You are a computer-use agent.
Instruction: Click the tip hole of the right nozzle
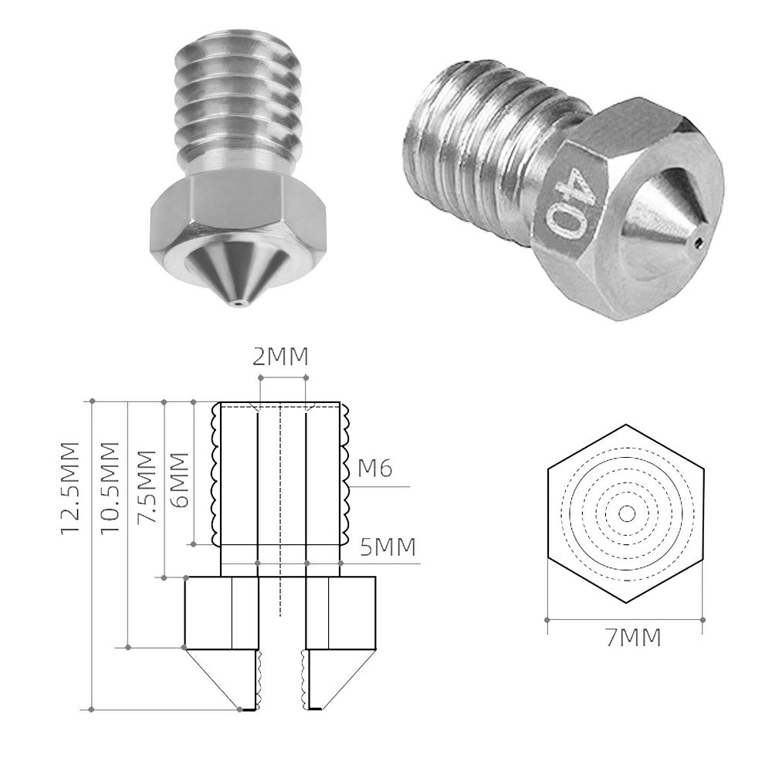(697, 244)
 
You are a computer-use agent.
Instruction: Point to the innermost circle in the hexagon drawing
(625, 513)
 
